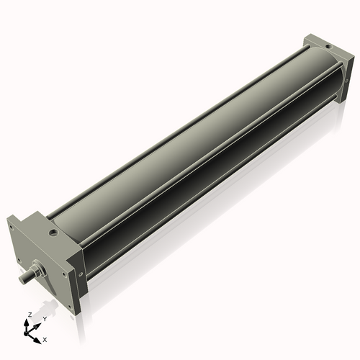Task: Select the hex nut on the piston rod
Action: (x=35, y=273)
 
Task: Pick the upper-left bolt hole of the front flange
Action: (x=12, y=227)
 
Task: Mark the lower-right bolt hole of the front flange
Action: (x=70, y=306)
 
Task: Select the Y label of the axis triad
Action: (x=45, y=319)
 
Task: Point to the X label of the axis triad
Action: (x=45, y=338)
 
